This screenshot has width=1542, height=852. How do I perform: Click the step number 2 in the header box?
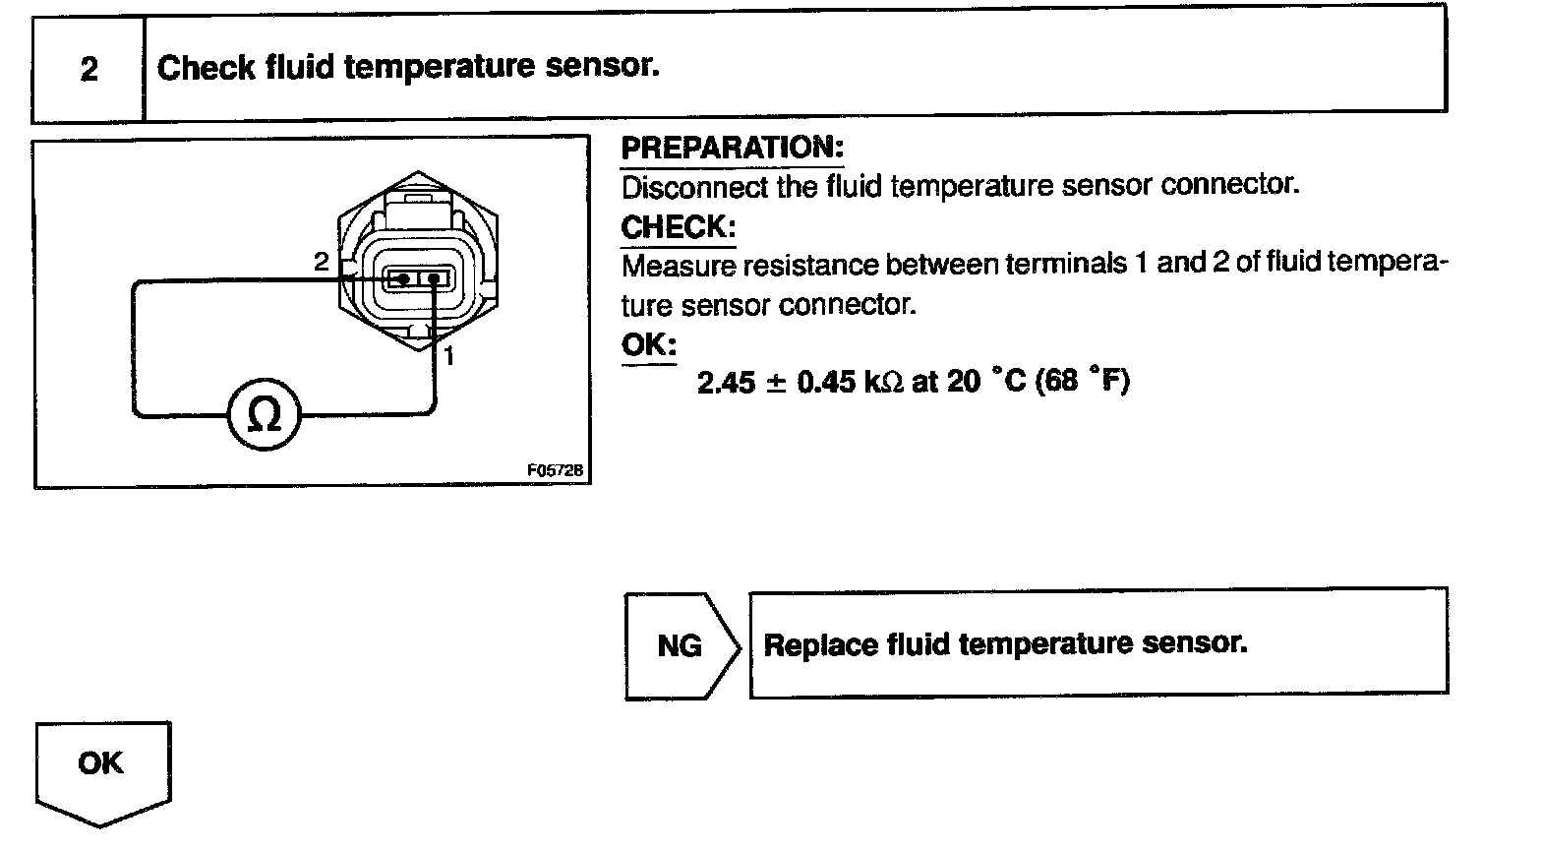89,70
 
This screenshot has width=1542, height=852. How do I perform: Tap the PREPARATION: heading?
732,149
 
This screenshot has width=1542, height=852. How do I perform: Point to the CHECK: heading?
678,227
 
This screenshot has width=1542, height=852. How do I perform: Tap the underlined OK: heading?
648,345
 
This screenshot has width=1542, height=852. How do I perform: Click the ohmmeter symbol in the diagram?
264,416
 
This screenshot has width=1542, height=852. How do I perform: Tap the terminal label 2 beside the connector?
321,262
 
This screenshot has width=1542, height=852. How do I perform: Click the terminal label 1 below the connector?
448,356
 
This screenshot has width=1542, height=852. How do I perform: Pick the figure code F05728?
556,471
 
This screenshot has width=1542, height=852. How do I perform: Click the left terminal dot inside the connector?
400,279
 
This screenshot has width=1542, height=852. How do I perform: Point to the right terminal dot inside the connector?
434,279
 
